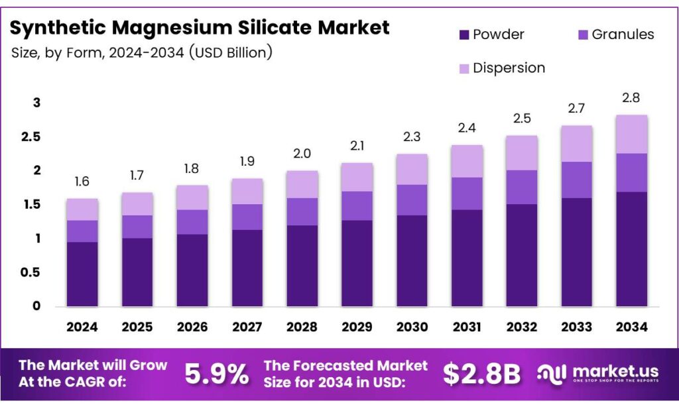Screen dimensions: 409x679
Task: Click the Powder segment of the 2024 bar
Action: pyautogui.click(x=82, y=274)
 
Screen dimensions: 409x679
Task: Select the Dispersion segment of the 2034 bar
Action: pyautogui.click(x=631, y=134)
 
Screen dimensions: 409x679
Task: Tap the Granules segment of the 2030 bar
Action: pyautogui.click(x=412, y=200)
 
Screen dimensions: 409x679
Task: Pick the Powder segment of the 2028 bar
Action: pyautogui.click(x=302, y=265)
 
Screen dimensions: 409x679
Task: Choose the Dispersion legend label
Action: pyautogui.click(x=509, y=68)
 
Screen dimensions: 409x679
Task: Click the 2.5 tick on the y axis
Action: pyautogui.click(x=32, y=137)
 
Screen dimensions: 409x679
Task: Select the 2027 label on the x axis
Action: pyautogui.click(x=247, y=327)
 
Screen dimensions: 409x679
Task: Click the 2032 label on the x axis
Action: pyautogui.click(x=522, y=327)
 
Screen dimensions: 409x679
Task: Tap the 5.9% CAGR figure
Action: pyautogui.click(x=217, y=375)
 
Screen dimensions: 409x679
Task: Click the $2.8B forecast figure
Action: pyautogui.click(x=481, y=375)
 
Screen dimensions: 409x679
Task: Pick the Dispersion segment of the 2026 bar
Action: pyautogui.click(x=192, y=198)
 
